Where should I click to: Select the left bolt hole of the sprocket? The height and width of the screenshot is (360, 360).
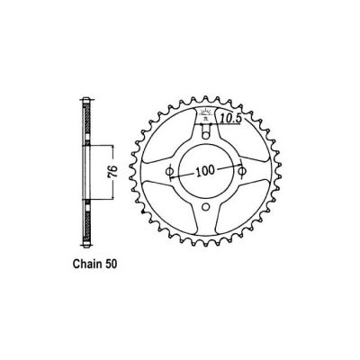coord(170,171)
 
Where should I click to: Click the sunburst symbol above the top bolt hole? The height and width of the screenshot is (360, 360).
coord(207,115)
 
